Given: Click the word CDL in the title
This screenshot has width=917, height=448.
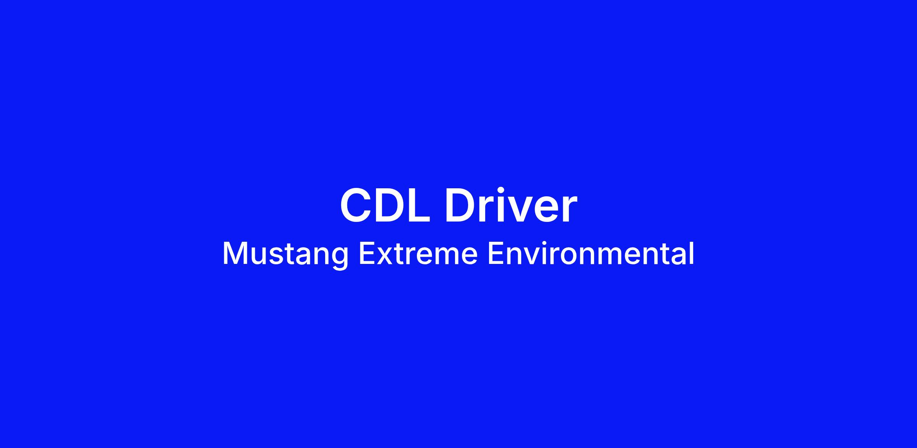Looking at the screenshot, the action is coord(385,205).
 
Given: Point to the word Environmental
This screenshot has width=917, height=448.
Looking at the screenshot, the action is coord(591,253).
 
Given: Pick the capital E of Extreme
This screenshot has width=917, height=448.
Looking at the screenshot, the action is coord(366,253).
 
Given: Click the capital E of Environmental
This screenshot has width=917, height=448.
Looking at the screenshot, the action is coord(495,253).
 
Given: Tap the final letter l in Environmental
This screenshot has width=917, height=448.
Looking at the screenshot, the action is coord(692,253).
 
